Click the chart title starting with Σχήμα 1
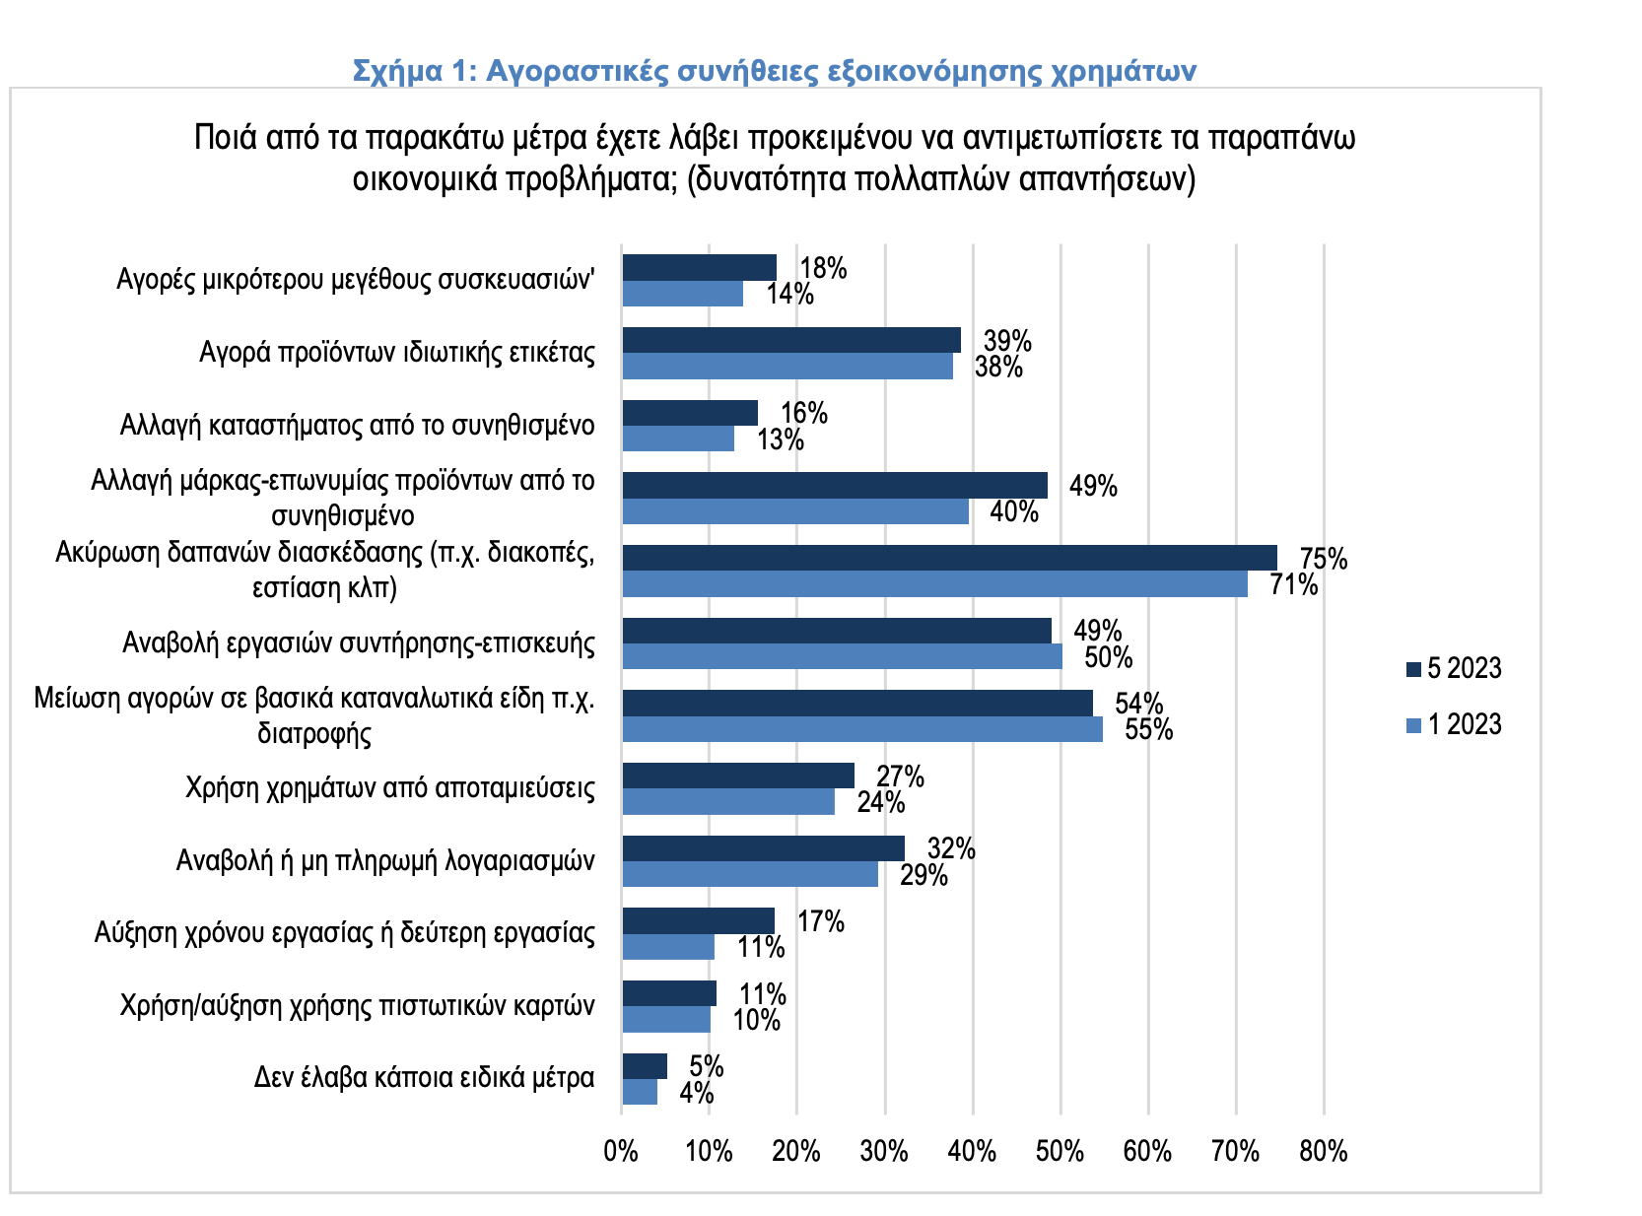tap(775, 71)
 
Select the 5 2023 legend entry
tap(1454, 669)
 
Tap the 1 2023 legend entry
tap(1454, 725)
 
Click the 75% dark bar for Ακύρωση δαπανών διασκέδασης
tap(949, 558)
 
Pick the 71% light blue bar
tap(934, 584)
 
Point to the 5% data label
tap(707, 1067)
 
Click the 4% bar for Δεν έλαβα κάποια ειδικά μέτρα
tap(640, 1092)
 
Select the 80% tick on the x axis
tap(1323, 1151)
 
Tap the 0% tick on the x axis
tap(621, 1151)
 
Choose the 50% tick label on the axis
tap(1060, 1151)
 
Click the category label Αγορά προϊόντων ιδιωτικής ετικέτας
tap(397, 353)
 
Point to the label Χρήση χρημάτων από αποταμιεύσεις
tap(390, 788)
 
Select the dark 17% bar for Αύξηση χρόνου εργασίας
tap(698, 920)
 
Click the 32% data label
tap(951, 849)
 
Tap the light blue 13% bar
tap(678, 439)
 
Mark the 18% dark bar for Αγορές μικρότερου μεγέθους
tap(700, 267)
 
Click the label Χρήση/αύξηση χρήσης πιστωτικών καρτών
tap(358, 1006)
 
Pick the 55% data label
tap(1149, 730)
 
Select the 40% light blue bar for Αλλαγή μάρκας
tap(795, 511)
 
